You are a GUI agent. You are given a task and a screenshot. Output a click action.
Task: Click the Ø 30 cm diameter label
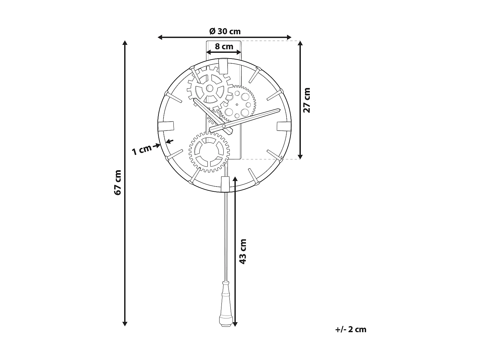tap(225, 31)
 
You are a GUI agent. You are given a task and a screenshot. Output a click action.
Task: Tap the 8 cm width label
tap(224, 46)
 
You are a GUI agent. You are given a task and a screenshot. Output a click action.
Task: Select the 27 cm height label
tap(307, 100)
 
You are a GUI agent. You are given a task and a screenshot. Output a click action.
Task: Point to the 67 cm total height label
tap(117, 182)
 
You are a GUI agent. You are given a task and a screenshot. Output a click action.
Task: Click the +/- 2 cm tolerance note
tap(351, 329)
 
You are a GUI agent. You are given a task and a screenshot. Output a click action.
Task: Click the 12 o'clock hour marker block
tap(223, 65)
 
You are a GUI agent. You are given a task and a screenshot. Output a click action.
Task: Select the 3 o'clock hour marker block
tap(284, 126)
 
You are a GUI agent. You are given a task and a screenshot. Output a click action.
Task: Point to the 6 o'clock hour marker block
tap(225, 184)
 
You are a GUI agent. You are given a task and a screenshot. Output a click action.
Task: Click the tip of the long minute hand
tap(280, 111)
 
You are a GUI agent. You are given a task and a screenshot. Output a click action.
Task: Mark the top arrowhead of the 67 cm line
tap(125, 43)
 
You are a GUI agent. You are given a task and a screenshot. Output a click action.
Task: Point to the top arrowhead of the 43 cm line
tap(235, 179)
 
